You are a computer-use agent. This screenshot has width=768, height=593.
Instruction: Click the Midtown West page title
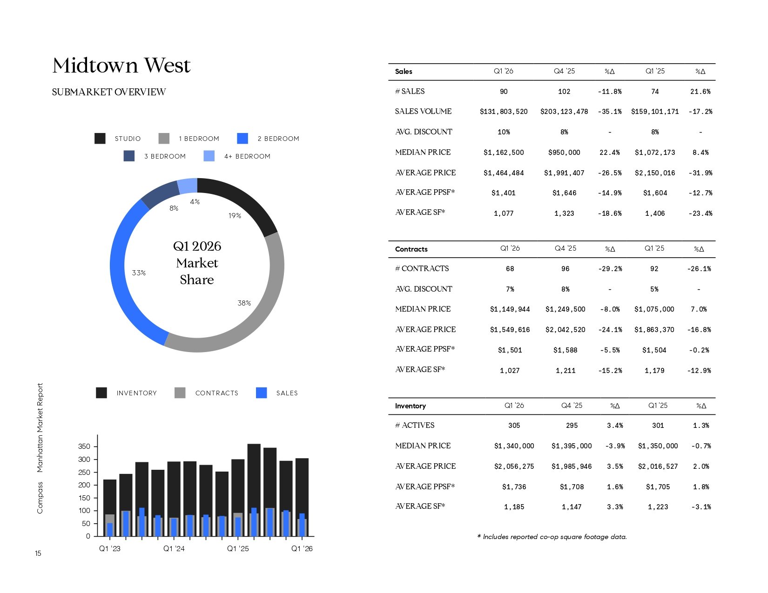pos(121,66)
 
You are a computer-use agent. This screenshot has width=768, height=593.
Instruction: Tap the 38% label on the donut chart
pos(244,303)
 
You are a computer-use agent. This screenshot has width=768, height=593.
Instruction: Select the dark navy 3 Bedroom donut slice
pos(160,195)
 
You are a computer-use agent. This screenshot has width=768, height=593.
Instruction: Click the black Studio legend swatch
pos(100,139)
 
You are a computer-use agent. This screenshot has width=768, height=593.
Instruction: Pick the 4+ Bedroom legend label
pos(247,156)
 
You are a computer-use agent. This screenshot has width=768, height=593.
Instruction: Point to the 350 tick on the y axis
pos(84,446)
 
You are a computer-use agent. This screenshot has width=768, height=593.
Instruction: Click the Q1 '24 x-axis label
pos(174,549)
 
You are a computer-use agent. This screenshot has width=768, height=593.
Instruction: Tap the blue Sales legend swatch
pos(262,393)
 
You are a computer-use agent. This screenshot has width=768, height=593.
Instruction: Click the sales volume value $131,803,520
pos(504,112)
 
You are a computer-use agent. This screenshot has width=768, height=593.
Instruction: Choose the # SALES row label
pos(410,92)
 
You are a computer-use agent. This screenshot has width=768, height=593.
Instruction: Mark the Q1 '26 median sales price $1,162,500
pos(504,153)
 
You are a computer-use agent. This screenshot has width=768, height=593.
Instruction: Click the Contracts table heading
pos(411,249)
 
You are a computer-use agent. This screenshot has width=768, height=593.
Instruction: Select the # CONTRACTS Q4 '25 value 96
pos(565,269)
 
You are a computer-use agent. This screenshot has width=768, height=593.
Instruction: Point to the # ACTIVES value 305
pos(514,426)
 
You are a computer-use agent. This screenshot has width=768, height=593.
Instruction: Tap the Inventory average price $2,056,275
pos(514,466)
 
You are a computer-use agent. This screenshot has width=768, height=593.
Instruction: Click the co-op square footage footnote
pos(552,537)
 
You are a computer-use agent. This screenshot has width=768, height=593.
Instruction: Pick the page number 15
pos(38,553)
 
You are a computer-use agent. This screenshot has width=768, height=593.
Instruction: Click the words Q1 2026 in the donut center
pos(197,247)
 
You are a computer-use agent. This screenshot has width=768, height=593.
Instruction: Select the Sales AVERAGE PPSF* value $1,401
pos(504,193)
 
